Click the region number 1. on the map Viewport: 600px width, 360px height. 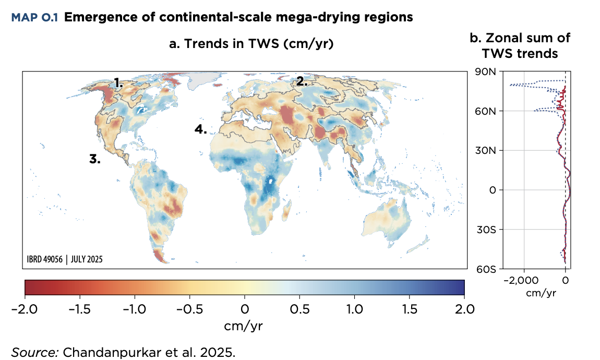[x=118, y=82]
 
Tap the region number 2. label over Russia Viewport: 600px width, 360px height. [x=302, y=81]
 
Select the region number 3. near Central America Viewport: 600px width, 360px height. [x=94, y=160]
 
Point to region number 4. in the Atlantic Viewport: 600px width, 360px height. [x=201, y=129]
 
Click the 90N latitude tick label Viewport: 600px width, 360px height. [x=485, y=72]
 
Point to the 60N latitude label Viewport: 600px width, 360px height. [x=485, y=111]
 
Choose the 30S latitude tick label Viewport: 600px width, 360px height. [x=485, y=230]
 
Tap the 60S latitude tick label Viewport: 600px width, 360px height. [x=485, y=269]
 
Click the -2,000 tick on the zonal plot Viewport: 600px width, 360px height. [x=522, y=280]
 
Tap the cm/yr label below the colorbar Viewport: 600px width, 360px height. [x=244, y=326]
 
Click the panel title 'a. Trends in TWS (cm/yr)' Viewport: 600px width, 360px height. [x=251, y=44]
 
